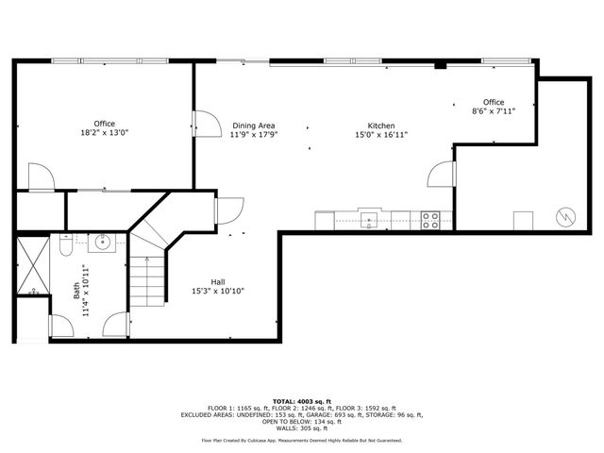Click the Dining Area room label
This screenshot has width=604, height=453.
pos(254,126)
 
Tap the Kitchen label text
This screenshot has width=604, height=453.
pos(381,126)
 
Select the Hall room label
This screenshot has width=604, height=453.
pos(218,282)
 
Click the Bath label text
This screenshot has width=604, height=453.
pos(76,291)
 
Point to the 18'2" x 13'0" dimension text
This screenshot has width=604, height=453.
pos(105,133)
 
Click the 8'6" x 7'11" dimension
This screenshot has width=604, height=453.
pos(494,111)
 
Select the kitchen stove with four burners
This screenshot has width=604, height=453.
pos(430,220)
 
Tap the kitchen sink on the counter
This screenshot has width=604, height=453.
pos(369,220)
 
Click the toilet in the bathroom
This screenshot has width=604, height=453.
pos(66,245)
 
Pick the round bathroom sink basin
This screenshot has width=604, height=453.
pos(103,243)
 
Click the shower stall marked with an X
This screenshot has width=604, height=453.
pos(33,265)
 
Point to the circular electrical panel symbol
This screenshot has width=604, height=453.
pos(566,217)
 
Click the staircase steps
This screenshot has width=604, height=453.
pos(147,281)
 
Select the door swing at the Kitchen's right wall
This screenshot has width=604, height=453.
pos(442,174)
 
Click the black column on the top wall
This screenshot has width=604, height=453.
pos(441,64)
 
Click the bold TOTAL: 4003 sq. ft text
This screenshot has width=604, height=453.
pos(302,402)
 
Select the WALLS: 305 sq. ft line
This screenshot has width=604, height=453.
pos(302,428)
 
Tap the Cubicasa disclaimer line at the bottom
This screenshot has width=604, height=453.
pos(302,441)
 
